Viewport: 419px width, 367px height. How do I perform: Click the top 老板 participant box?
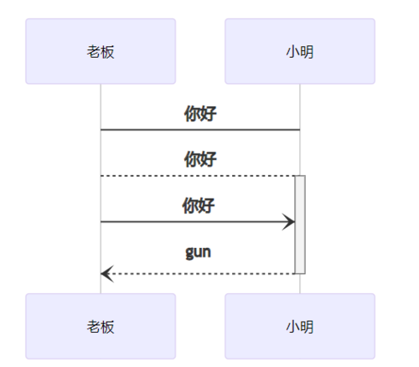coord(101,51)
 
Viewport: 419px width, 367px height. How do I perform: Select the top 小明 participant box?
coord(300,51)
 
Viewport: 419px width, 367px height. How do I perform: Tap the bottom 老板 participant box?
coord(101,327)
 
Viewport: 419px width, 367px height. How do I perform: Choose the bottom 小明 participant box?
coord(300,327)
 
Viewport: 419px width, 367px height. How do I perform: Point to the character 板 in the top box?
coord(107,52)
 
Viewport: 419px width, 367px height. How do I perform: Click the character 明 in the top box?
coord(307,52)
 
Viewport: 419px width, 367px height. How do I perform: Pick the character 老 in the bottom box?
coord(94,327)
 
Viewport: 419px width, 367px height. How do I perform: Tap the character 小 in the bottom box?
coord(293,327)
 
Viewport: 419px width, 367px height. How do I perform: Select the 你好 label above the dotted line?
coord(200,159)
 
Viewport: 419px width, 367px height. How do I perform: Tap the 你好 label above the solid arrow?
coord(199,205)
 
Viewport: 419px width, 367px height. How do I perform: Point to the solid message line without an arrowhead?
coord(200,130)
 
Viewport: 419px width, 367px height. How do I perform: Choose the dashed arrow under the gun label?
coord(201,273)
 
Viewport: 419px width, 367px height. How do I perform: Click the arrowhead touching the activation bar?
coord(290,222)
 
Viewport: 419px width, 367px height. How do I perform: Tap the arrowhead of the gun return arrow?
coord(106,273)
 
